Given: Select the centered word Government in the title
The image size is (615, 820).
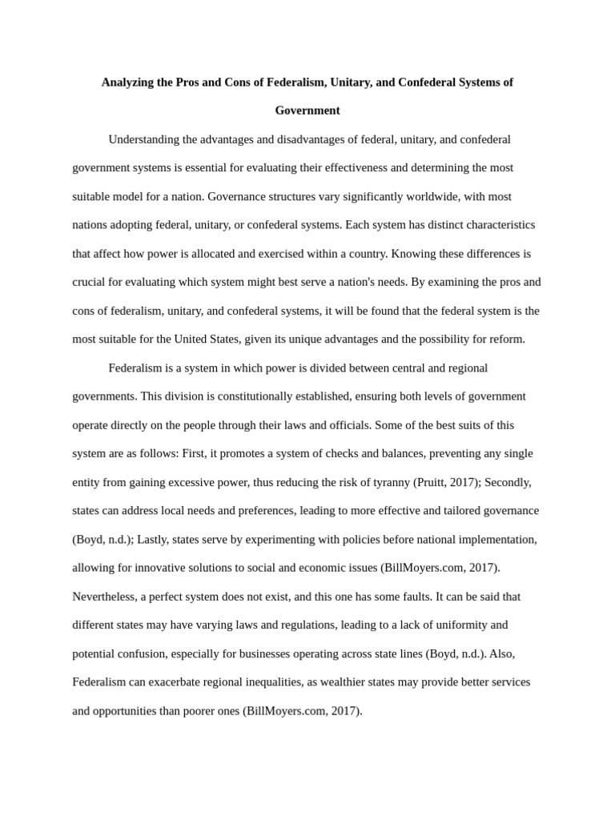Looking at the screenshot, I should [307, 111].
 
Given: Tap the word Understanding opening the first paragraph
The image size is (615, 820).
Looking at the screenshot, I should [144, 139].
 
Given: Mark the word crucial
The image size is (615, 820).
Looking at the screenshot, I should [90, 282].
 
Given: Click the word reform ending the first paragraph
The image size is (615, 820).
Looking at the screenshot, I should [506, 339].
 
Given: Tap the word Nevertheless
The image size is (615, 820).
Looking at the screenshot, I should [106, 597].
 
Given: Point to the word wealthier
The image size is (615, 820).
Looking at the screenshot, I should [356, 682].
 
